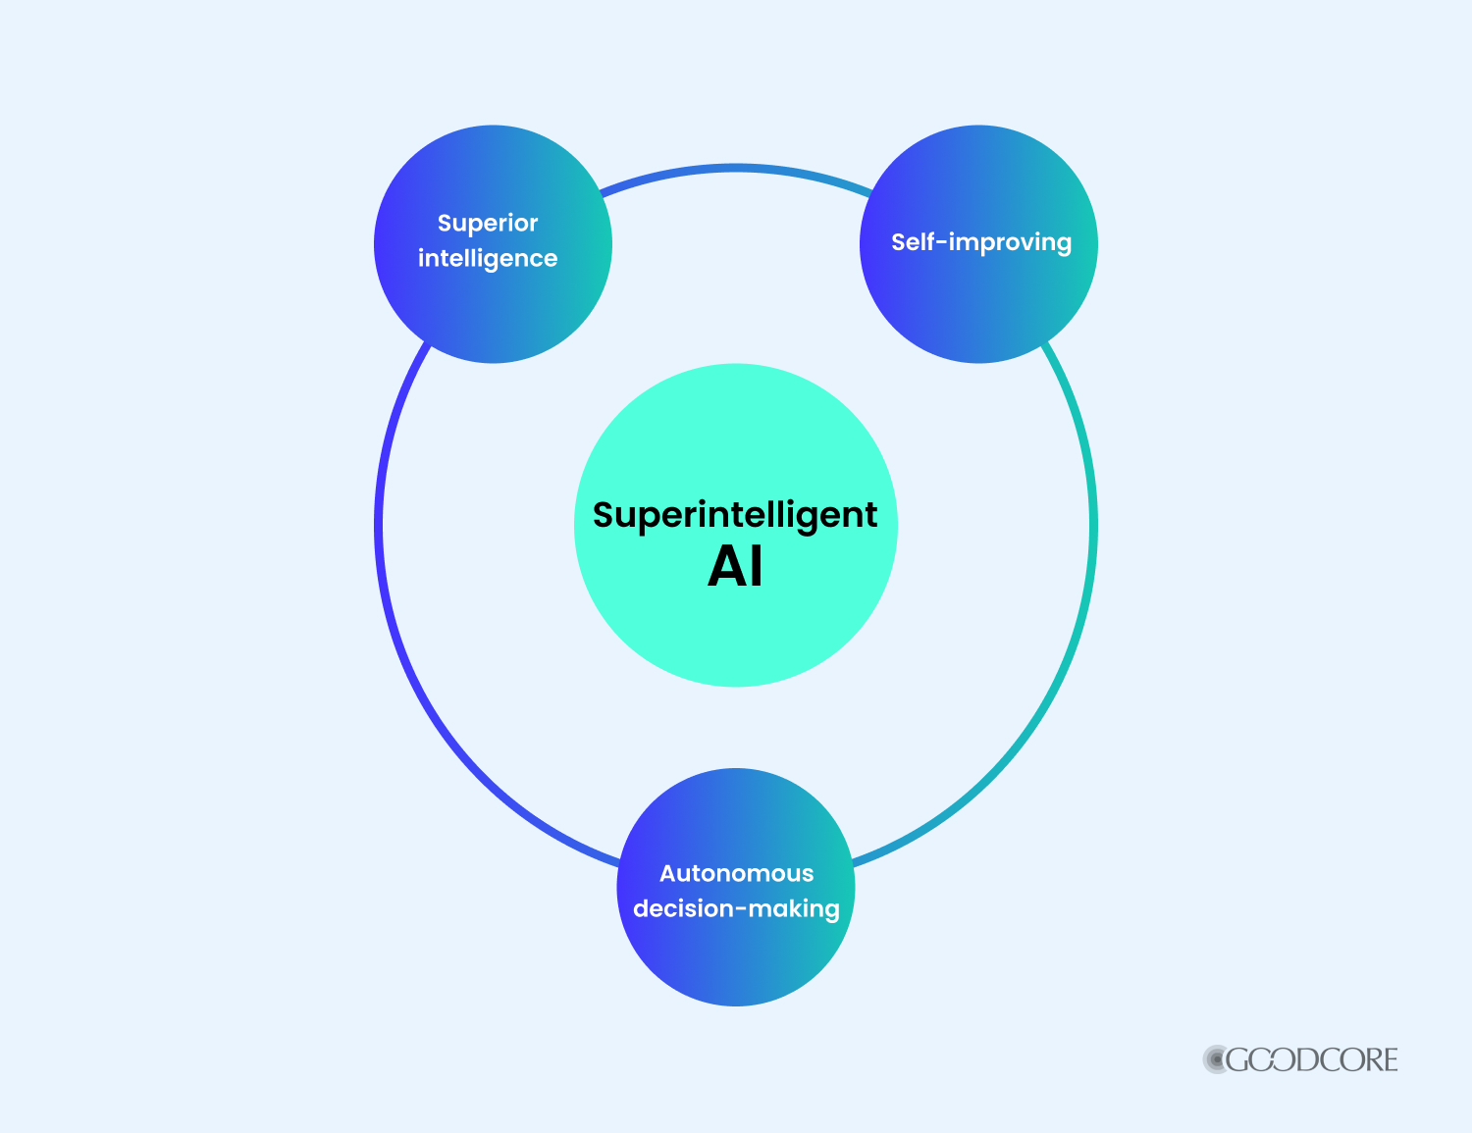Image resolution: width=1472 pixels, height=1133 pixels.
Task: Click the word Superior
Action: point(488,224)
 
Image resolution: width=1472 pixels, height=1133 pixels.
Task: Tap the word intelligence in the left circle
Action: point(488,259)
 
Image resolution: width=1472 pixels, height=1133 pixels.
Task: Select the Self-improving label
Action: point(980,242)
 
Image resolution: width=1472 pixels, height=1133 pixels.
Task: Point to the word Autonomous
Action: point(736,873)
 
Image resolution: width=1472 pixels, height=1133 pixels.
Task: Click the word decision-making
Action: point(736,909)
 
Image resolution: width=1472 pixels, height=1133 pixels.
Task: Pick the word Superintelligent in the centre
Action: point(735,516)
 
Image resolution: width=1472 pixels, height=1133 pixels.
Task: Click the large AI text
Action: point(735,567)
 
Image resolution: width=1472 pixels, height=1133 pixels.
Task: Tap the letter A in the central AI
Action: point(726,567)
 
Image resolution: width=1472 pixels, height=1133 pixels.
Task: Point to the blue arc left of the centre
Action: point(380,526)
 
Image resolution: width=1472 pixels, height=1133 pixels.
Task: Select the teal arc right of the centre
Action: point(1092,526)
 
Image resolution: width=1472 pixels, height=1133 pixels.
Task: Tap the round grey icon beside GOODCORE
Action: point(1216,1060)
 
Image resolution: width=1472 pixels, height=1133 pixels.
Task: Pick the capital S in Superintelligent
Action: point(604,515)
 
